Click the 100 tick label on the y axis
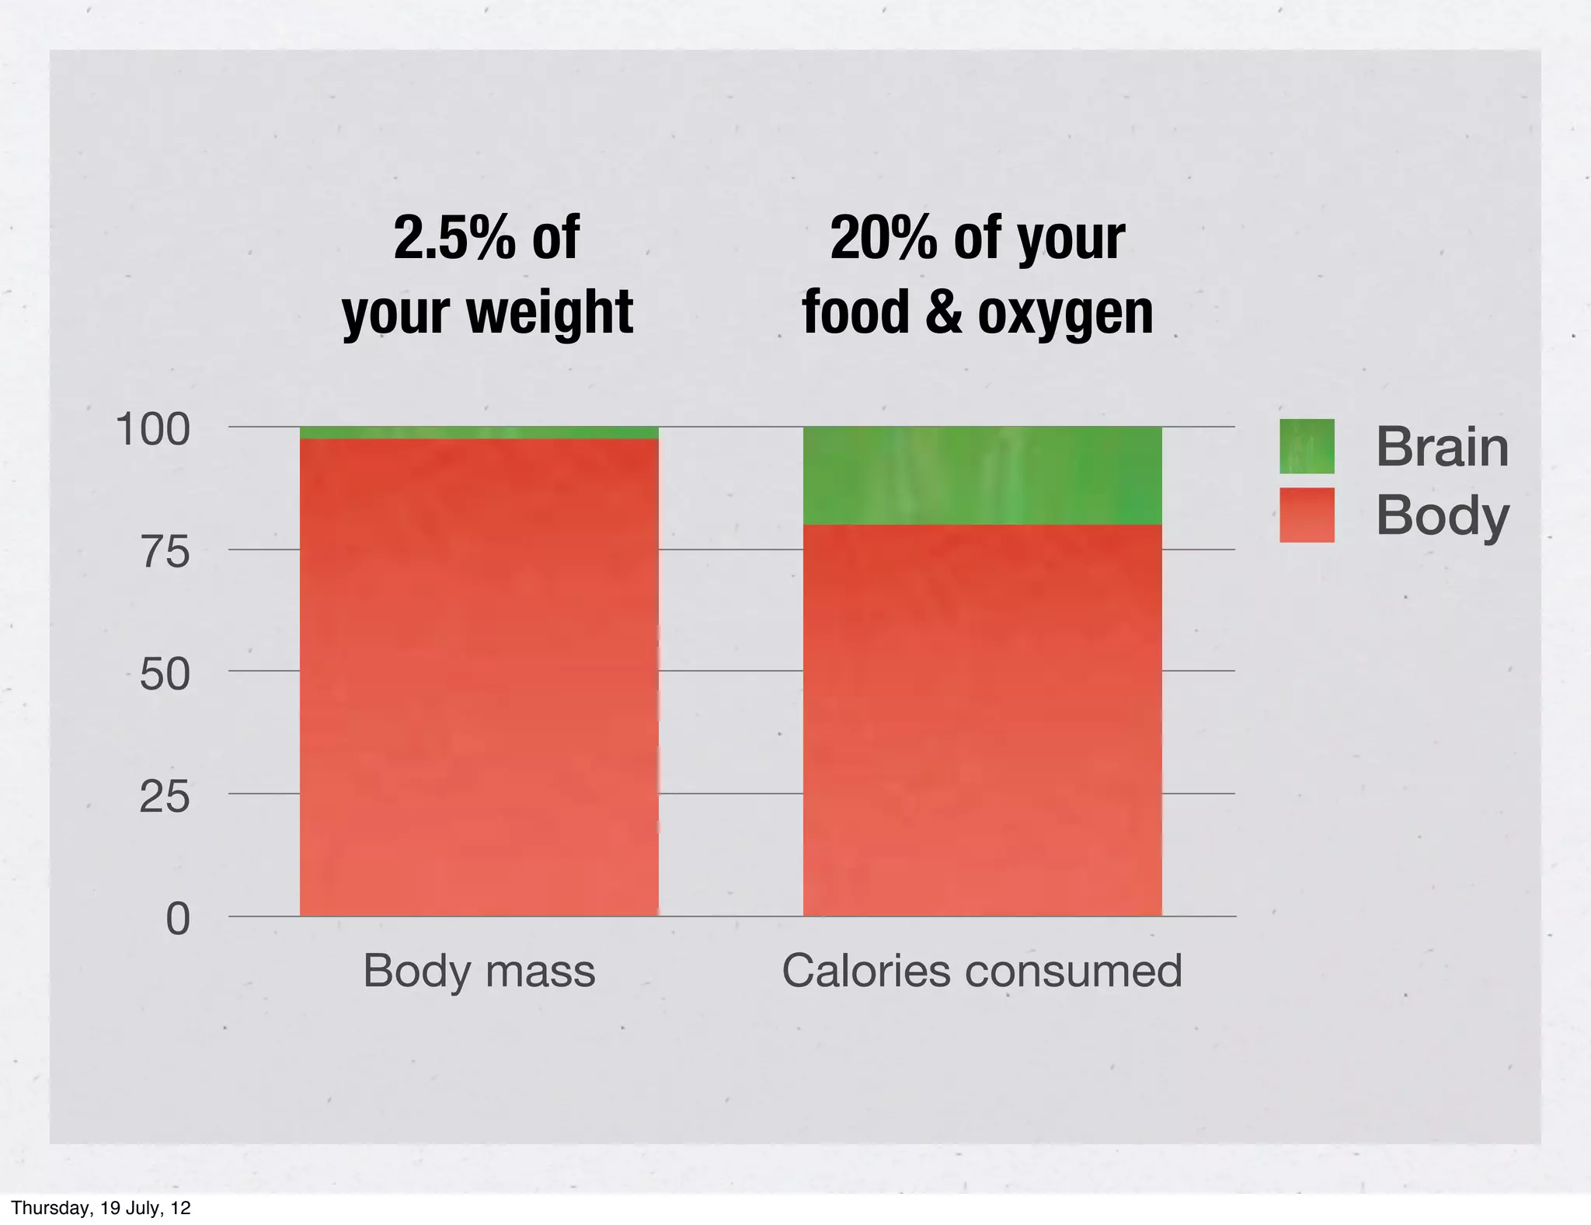(152, 430)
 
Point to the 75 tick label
(165, 553)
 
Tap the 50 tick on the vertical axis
(165, 674)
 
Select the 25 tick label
(165, 797)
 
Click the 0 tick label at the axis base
(178, 920)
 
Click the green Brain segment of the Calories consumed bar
(982, 476)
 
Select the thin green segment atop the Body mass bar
(479, 433)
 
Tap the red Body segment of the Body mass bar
(479, 676)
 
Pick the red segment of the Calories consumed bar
(982, 719)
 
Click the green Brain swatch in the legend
(1307, 446)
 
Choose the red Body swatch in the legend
(1307, 515)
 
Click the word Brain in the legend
(1442, 447)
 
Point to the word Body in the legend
(1442, 516)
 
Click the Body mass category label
(479, 971)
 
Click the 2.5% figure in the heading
(454, 238)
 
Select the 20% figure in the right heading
(883, 238)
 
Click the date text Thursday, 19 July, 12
(101, 1208)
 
